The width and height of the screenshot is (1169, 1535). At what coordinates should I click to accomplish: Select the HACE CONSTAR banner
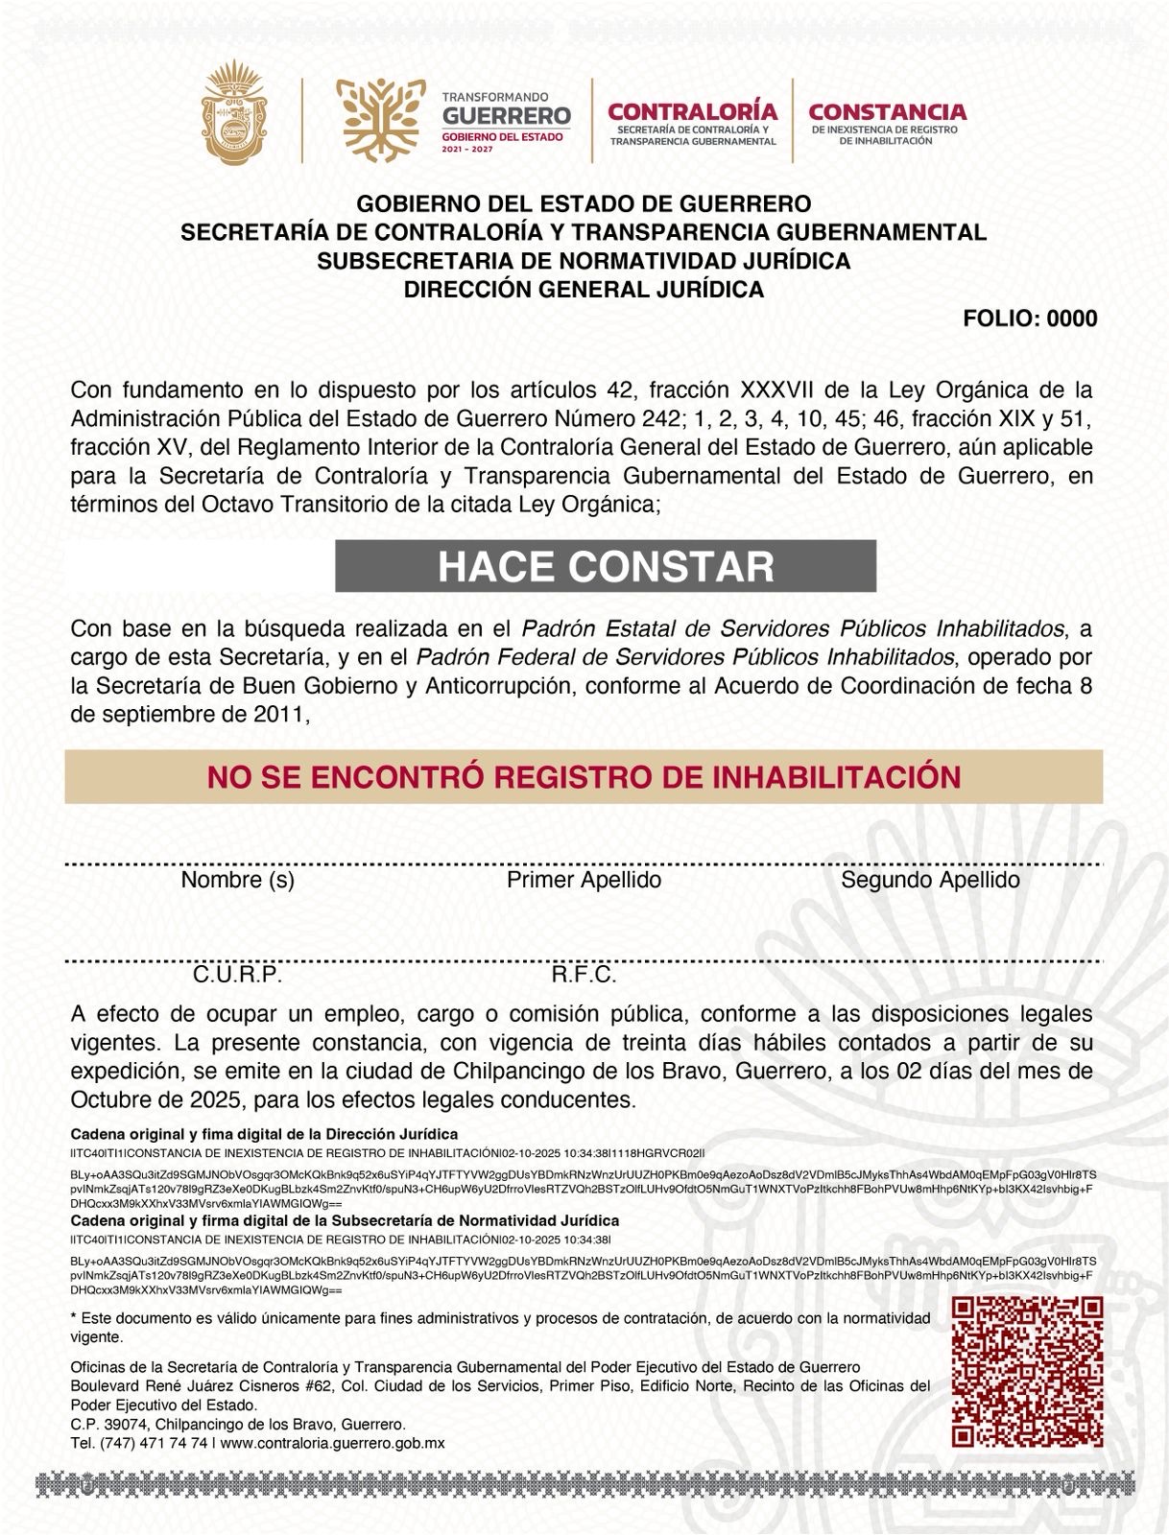[605, 567]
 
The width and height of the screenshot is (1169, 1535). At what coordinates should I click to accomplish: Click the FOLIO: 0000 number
[1029, 319]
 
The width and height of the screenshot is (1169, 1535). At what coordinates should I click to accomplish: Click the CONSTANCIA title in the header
[887, 112]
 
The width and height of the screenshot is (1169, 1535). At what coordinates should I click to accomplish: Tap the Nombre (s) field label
[237, 880]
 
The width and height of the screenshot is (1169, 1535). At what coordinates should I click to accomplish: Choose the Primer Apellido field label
[584, 880]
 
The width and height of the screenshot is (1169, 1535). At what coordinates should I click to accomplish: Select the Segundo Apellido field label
[929, 880]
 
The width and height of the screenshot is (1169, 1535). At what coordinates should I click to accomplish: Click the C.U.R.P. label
[236, 976]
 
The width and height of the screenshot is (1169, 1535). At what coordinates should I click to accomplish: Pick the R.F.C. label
[583, 976]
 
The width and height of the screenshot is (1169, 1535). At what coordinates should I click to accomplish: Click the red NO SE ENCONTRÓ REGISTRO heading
[584, 777]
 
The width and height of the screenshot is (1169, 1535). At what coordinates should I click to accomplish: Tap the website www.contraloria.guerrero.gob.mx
[332, 1443]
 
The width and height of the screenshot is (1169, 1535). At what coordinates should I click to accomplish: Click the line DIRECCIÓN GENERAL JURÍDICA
[584, 290]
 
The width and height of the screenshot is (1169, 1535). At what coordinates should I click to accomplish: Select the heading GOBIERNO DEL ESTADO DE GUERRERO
[584, 203]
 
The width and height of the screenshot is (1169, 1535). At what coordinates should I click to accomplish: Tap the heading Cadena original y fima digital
[264, 1134]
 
